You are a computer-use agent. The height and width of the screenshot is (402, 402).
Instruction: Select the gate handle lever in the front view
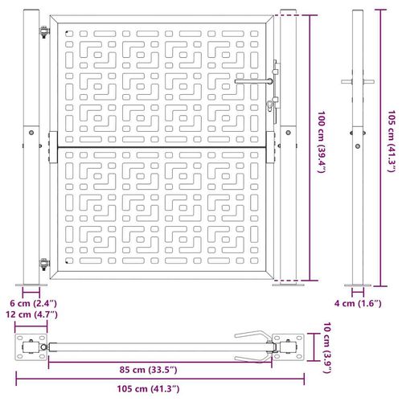[x=253, y=80]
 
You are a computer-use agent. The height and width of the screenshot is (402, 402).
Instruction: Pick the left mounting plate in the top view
[x=32, y=347]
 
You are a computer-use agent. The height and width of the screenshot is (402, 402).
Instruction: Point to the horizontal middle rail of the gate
[x=161, y=148]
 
